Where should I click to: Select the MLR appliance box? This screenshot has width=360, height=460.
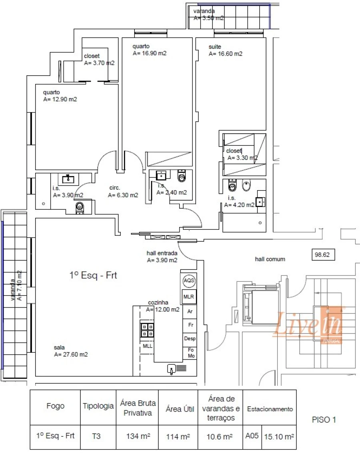click(188, 297)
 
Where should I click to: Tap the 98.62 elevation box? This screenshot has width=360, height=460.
click(322, 254)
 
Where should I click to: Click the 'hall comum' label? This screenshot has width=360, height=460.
click(270, 259)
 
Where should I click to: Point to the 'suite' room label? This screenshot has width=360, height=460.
click(214, 47)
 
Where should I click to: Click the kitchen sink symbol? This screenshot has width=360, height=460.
click(172, 369)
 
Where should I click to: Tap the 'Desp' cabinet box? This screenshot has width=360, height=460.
click(190, 338)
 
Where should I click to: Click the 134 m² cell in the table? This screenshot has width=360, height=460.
click(137, 436)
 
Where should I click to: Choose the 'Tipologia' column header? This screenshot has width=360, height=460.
click(98, 406)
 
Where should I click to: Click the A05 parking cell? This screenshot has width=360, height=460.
click(251, 436)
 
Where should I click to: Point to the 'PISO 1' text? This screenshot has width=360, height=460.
click(324, 420)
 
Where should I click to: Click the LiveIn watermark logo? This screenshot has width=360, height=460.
click(308, 325)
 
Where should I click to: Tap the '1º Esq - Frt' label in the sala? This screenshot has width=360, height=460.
click(93, 275)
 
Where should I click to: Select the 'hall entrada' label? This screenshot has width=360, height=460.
click(162, 253)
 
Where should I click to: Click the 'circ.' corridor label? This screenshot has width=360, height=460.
click(115, 188)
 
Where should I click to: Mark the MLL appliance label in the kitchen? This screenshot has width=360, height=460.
click(147, 346)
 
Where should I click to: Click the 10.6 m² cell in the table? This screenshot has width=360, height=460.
click(220, 436)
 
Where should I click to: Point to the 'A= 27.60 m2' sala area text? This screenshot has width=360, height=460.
click(71, 354)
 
